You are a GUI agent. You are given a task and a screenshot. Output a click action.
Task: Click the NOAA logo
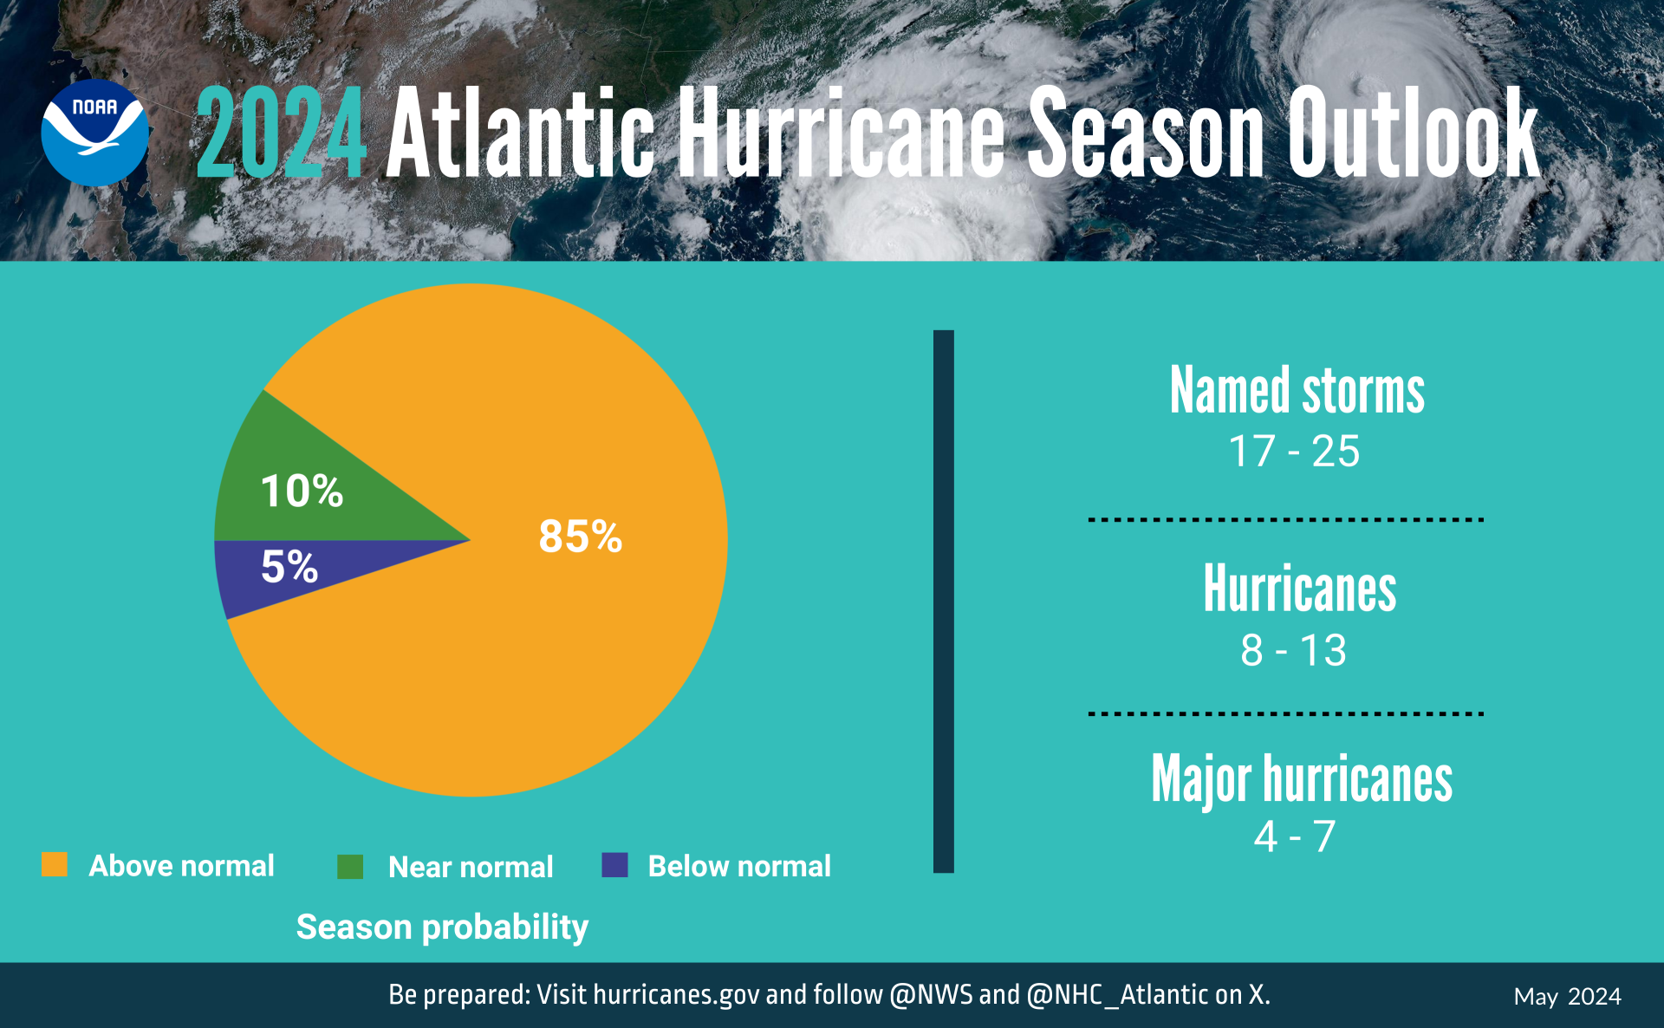[94, 133]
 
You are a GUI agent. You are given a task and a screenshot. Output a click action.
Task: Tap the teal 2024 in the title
[281, 134]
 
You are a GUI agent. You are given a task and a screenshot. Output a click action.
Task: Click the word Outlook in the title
[1412, 134]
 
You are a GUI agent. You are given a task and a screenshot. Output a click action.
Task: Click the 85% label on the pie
[580, 536]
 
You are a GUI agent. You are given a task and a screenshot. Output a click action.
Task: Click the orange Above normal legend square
[55, 864]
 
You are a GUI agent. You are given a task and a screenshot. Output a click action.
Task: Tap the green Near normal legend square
[350, 866]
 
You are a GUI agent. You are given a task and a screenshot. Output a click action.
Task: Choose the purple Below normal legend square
[614, 864]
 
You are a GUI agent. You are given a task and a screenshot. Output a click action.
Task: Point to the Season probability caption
[442, 927]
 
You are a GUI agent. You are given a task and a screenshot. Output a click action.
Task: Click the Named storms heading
[1297, 391]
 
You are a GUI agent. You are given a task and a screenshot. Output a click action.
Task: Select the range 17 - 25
[1294, 452]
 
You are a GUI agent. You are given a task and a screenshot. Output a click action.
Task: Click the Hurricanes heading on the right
[1299, 589]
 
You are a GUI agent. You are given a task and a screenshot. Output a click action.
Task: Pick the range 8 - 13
[1293, 650]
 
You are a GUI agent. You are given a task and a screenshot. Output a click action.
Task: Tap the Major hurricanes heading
[1301, 779]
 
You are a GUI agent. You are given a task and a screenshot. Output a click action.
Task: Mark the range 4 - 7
[1294, 836]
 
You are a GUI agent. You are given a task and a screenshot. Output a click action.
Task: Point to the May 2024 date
[1567, 997]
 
